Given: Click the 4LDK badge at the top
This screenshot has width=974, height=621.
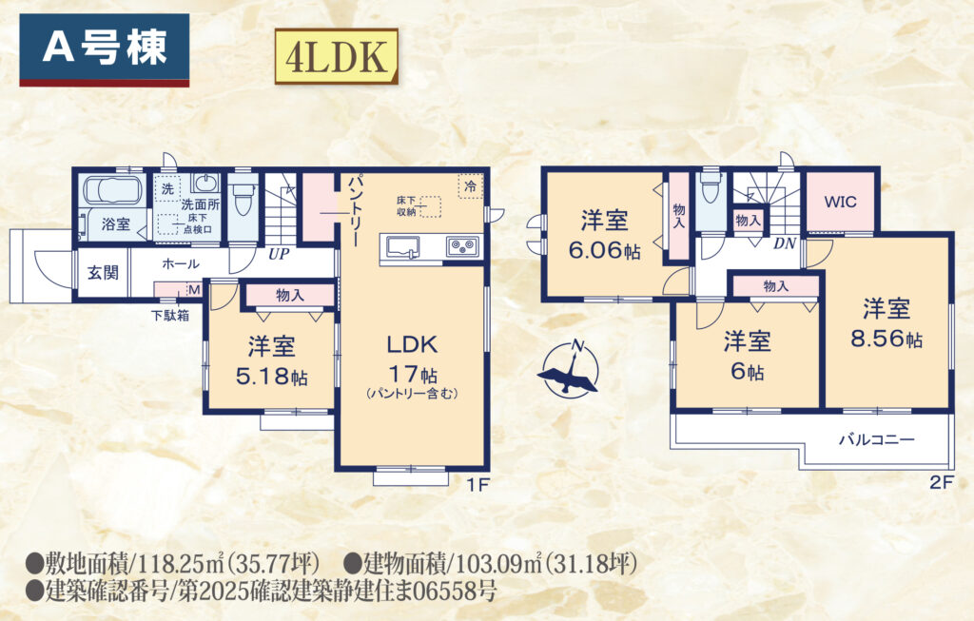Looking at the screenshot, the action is click(x=336, y=56).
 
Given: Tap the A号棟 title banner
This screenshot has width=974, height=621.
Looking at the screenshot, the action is click(x=105, y=49).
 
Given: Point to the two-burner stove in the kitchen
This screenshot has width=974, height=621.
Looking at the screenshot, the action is click(x=463, y=246).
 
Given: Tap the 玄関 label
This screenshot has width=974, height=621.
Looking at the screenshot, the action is click(x=103, y=272).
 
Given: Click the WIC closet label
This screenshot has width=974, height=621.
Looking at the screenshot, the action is click(x=840, y=202).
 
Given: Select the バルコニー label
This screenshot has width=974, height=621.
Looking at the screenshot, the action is click(x=876, y=439).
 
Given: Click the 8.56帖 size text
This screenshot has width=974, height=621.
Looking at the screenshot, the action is click(x=886, y=339).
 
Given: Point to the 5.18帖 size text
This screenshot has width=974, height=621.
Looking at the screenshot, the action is click(x=271, y=376).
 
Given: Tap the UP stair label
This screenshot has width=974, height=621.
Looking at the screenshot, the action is click(x=279, y=254).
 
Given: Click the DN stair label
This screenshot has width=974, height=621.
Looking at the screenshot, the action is click(x=785, y=243).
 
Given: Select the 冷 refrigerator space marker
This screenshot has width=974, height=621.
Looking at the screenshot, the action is click(x=471, y=185).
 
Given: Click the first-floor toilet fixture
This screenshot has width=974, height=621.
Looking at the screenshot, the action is click(x=243, y=196).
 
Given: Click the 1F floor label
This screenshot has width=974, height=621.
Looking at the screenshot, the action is click(x=477, y=485).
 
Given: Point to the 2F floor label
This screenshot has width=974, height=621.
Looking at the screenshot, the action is click(x=941, y=482).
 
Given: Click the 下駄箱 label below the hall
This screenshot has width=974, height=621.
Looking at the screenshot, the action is click(x=170, y=316).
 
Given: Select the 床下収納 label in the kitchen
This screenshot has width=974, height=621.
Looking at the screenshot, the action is click(x=406, y=206).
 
